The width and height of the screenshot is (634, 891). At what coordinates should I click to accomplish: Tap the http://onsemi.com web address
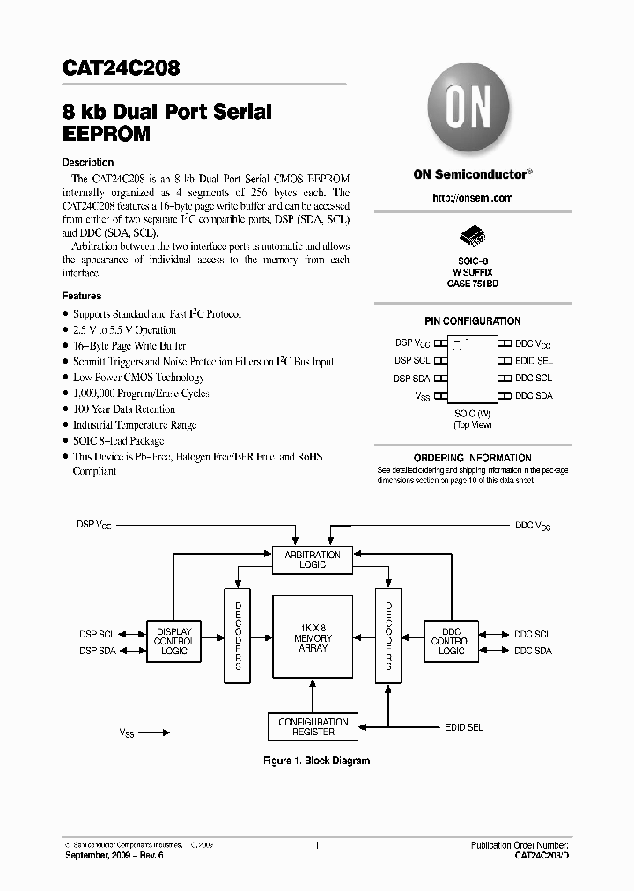[x=473, y=198]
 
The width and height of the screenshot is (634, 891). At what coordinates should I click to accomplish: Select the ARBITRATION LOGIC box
[x=313, y=559]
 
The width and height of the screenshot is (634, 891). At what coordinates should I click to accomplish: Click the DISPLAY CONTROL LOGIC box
[x=174, y=641]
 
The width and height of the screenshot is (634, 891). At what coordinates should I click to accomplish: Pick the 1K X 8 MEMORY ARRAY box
[x=313, y=637]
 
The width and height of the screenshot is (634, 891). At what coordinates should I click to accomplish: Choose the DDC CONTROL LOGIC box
[x=451, y=641]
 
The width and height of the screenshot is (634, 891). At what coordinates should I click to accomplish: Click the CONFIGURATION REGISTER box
[x=313, y=726]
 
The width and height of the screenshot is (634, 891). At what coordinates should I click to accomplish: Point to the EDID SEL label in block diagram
[x=463, y=727]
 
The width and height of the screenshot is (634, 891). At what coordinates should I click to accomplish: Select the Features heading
[x=82, y=297]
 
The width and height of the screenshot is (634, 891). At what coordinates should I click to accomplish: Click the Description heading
[x=88, y=163]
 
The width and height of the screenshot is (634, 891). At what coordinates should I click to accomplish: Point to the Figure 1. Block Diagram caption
[x=317, y=761]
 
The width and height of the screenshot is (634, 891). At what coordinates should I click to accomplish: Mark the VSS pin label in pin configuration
[x=423, y=397]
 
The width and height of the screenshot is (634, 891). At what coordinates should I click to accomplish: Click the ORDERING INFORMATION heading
[x=473, y=458]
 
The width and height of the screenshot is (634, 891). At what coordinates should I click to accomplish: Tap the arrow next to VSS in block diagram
[x=154, y=732]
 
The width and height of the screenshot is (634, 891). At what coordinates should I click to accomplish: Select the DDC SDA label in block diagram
[x=533, y=651]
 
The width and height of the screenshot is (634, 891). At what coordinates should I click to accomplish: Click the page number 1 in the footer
[x=316, y=845]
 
